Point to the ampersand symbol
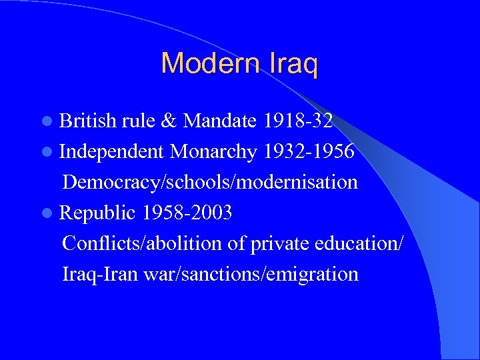(x=169, y=121)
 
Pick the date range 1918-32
(x=298, y=121)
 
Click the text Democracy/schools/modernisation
(x=210, y=182)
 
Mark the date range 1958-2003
(x=187, y=213)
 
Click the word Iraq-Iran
(x=101, y=273)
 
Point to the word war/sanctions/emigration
(x=251, y=274)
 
